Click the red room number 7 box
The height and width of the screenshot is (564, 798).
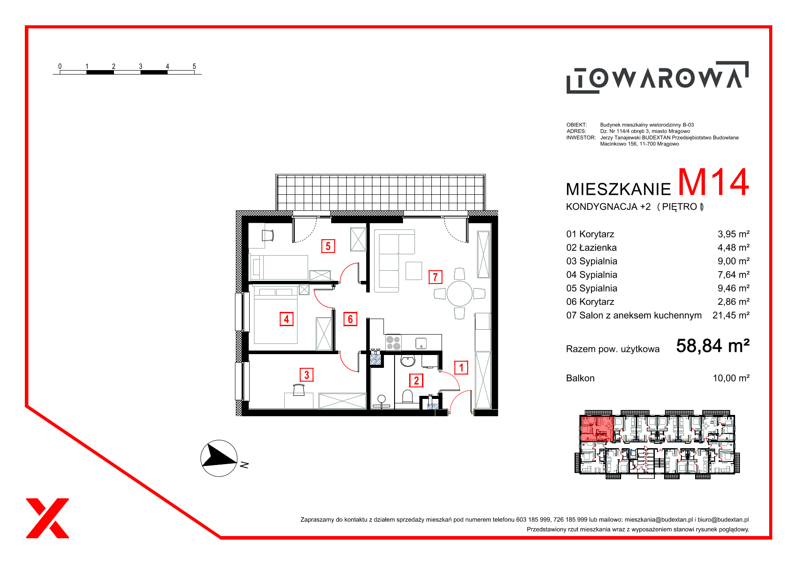click(435, 277)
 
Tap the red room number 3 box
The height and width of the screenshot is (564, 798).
click(306, 375)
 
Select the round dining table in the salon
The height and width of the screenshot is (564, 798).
click(459, 293)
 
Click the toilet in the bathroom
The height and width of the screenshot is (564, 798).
click(407, 396)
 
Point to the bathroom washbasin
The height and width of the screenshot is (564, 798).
click(407, 361)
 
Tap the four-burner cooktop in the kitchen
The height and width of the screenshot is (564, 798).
click(393, 343)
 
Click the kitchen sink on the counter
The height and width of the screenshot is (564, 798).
click(421, 343)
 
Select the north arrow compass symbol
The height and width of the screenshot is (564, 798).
click(219, 458)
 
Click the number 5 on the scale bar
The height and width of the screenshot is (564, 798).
click(194, 66)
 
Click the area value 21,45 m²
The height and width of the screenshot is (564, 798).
click(731, 315)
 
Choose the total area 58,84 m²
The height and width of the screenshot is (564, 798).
click(713, 346)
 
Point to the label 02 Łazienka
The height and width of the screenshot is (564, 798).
click(591, 248)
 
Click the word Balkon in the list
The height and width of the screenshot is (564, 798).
click(580, 378)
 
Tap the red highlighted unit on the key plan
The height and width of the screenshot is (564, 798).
click(597, 429)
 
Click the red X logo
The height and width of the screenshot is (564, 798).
click(47, 518)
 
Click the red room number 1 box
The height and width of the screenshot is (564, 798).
click(461, 367)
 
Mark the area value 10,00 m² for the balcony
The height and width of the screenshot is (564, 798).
click(731, 378)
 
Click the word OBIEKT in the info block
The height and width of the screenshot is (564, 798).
click(576, 125)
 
